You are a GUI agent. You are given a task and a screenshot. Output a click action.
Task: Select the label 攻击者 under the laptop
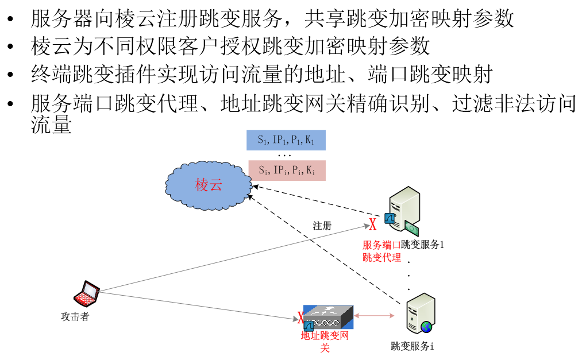click(x=75, y=316)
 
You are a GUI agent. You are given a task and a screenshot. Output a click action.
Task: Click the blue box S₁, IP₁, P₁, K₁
click(x=286, y=140)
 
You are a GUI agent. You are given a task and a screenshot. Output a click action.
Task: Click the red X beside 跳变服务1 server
click(x=372, y=224)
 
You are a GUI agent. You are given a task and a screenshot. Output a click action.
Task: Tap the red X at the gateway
click(x=300, y=318)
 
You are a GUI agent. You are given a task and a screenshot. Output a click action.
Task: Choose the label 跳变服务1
click(x=423, y=245)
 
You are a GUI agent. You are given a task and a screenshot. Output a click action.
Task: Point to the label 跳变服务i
click(x=412, y=346)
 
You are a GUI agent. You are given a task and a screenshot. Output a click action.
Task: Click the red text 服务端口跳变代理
click(x=381, y=251)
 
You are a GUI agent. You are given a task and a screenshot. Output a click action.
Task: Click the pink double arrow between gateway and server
click(x=373, y=315)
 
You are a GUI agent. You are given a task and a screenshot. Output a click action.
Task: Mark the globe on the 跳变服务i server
click(x=426, y=327)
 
